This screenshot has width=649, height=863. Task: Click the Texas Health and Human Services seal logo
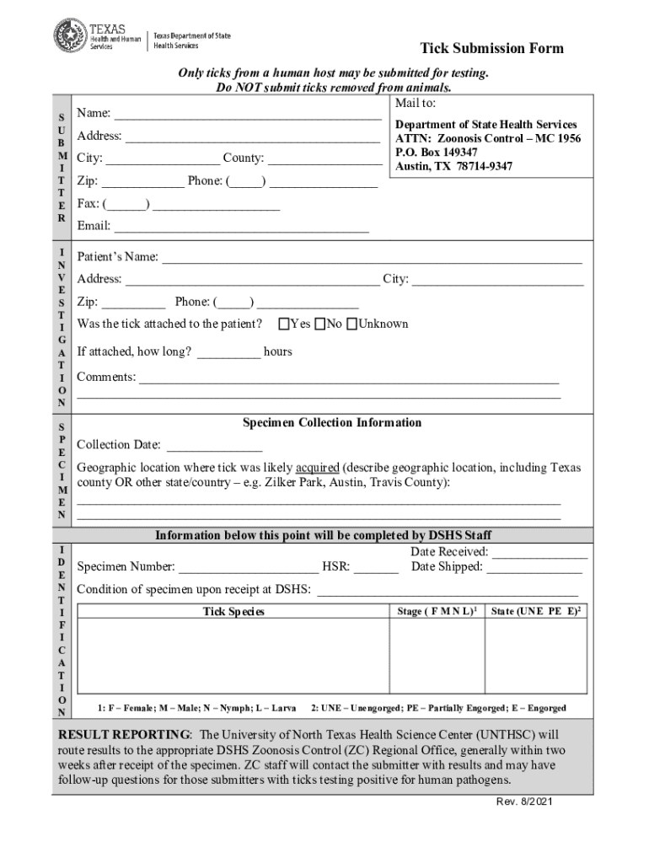pyautogui.click(x=70, y=35)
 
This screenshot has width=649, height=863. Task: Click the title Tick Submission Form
pyautogui.click(x=492, y=48)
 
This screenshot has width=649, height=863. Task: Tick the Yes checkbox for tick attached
pyautogui.click(x=284, y=324)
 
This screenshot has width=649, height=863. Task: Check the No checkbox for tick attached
pyautogui.click(x=320, y=324)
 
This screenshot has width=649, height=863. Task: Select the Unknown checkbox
pyautogui.click(x=352, y=324)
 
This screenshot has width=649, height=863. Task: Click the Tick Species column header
pyautogui.click(x=233, y=611)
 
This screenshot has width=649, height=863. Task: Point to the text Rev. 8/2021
pyautogui.click(x=524, y=801)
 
